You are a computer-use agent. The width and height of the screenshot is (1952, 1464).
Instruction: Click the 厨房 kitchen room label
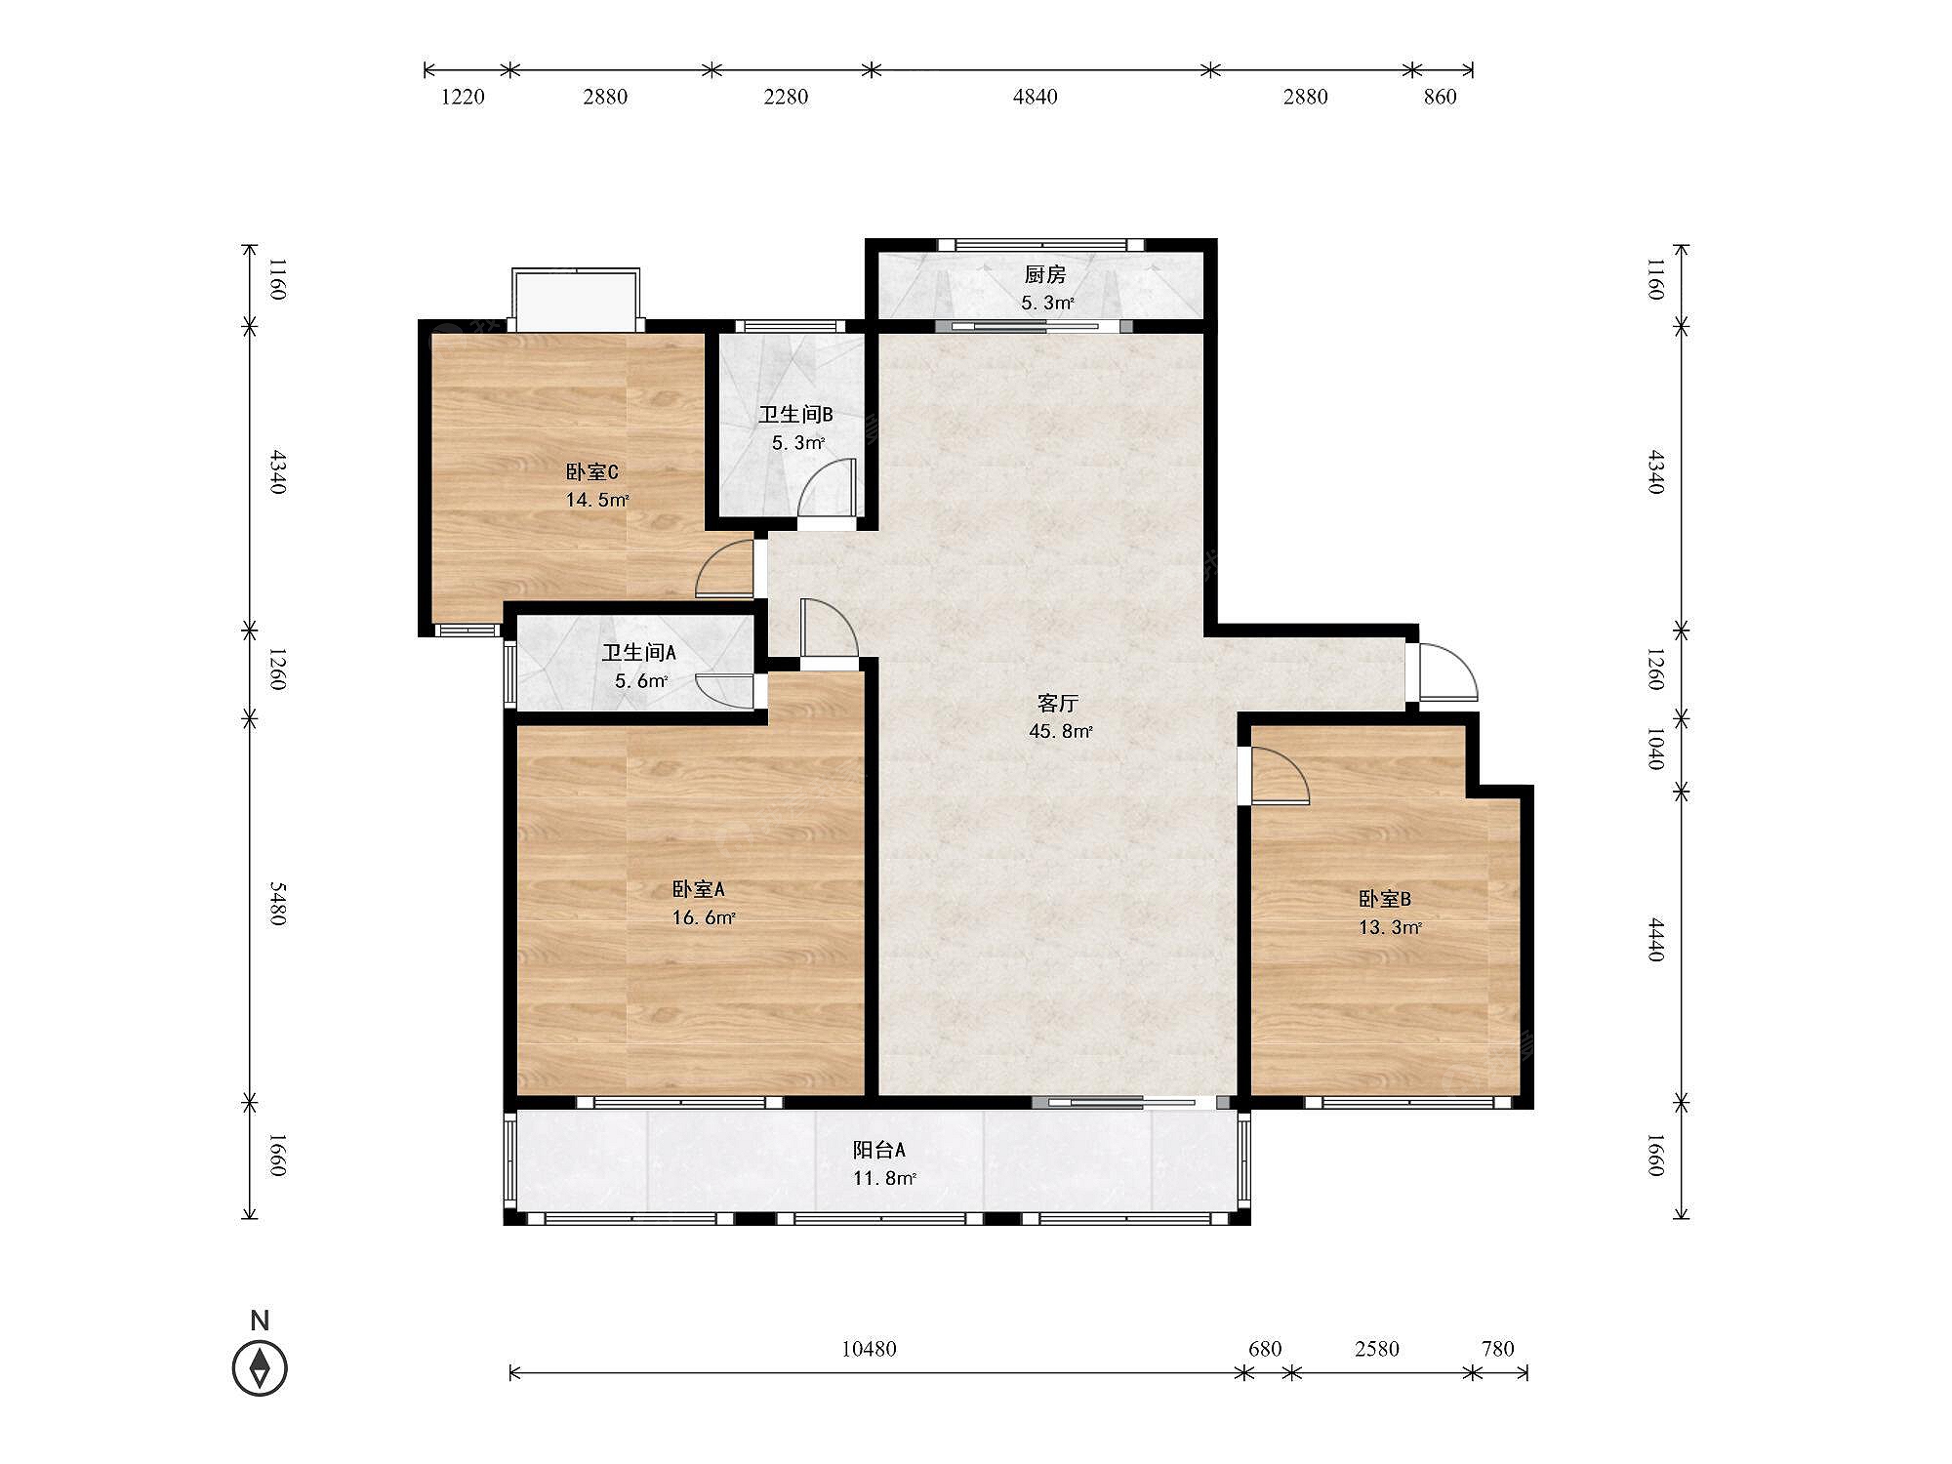pyautogui.click(x=1044, y=275)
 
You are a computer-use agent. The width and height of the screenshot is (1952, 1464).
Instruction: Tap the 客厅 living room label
pyautogui.click(x=1058, y=703)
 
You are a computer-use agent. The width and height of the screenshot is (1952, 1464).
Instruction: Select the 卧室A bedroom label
pyautogui.click(x=698, y=889)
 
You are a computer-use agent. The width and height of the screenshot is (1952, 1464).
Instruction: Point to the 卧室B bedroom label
pyautogui.click(x=1385, y=899)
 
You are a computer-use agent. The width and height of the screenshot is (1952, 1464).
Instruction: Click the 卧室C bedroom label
pyautogui.click(x=592, y=472)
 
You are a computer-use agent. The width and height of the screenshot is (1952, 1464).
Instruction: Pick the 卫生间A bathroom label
pyautogui.click(x=638, y=652)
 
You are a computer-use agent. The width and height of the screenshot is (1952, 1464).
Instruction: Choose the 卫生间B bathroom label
pyautogui.click(x=795, y=415)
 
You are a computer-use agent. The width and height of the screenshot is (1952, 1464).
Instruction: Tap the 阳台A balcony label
pyautogui.click(x=879, y=1150)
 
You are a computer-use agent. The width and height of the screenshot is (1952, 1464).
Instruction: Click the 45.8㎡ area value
pyautogui.click(x=1061, y=731)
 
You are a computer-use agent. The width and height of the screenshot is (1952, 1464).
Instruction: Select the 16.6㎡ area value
pyautogui.click(x=704, y=917)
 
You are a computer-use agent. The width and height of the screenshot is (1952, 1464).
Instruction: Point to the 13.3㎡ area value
pyautogui.click(x=1391, y=927)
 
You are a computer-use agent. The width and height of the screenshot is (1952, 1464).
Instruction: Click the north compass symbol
pyautogui.click(x=260, y=1367)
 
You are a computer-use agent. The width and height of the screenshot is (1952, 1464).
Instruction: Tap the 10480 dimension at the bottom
pyautogui.click(x=869, y=1349)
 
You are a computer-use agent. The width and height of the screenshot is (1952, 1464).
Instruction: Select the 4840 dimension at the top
pyautogui.click(x=1035, y=97)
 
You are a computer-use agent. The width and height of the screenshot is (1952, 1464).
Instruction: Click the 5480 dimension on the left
pyautogui.click(x=278, y=904)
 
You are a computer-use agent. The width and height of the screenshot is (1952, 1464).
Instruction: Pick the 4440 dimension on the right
pyautogui.click(x=1656, y=939)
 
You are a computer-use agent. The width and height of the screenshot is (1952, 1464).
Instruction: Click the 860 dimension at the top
pyautogui.click(x=1440, y=97)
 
